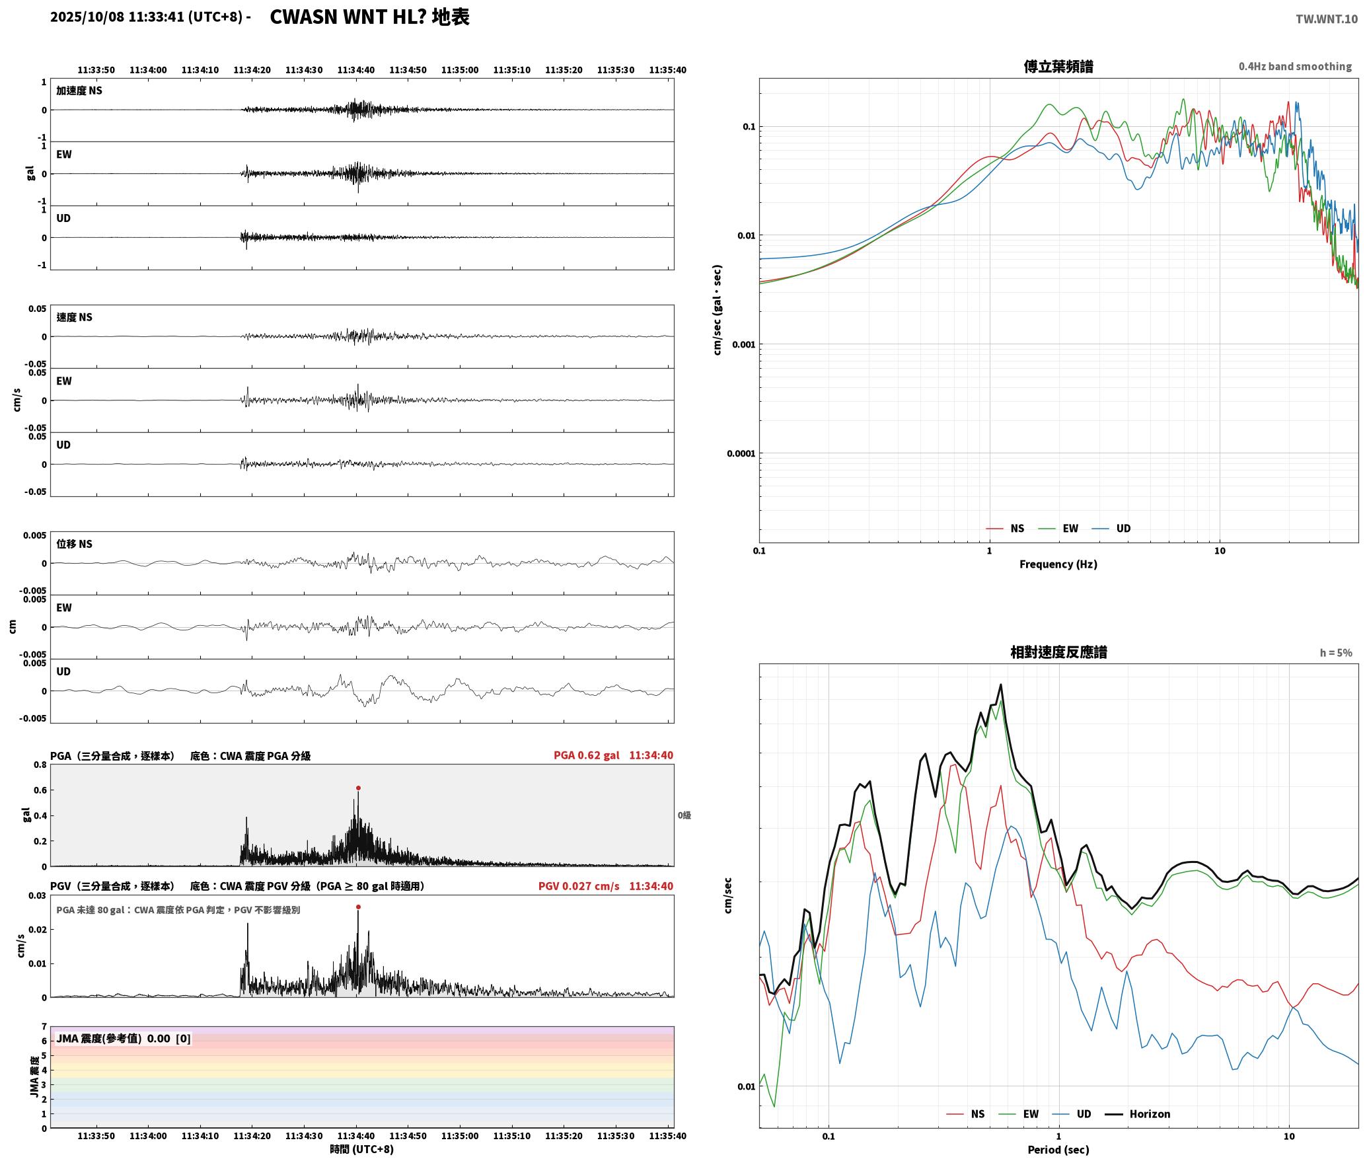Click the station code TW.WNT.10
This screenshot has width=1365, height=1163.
[1327, 19]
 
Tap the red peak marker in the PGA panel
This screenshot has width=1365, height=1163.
[358, 788]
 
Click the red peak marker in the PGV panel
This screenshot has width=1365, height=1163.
[358, 907]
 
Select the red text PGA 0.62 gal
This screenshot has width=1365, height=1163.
[587, 755]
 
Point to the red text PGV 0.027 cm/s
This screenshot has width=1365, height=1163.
[579, 886]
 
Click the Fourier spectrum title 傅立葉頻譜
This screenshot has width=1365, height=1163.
[1058, 66]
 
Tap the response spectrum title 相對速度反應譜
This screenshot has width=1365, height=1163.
[1058, 652]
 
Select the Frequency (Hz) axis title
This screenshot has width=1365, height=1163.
[1058, 564]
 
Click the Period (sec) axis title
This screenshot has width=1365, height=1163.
[1058, 1149]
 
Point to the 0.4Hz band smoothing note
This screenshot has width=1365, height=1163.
[1295, 66]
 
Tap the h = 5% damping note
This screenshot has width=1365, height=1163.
[1336, 652]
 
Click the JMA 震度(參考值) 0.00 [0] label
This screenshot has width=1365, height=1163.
[124, 1038]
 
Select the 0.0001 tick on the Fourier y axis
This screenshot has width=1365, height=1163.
[741, 453]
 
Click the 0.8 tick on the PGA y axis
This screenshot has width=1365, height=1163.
[40, 765]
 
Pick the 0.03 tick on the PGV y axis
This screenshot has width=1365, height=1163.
[38, 895]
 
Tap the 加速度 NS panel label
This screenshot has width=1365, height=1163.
[79, 91]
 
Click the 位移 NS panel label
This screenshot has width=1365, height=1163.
[74, 544]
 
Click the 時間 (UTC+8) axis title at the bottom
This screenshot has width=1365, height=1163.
[362, 1149]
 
